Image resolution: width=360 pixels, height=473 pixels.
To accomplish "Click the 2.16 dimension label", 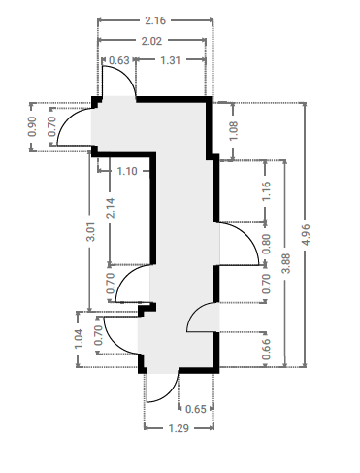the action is pyautogui.click(x=155, y=20).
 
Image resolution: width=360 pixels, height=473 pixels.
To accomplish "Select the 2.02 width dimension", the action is pyautogui.click(x=151, y=41).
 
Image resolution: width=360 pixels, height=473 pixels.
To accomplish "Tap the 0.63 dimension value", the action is pyautogui.click(x=119, y=60).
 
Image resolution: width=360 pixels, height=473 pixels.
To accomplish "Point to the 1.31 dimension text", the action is pyautogui.click(x=171, y=60).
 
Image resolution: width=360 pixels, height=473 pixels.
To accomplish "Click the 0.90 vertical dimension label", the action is pyautogui.click(x=32, y=126).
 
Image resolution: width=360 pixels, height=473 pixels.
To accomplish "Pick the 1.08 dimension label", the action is pyautogui.click(x=233, y=131).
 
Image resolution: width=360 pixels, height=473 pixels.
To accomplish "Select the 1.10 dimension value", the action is pyautogui.click(x=127, y=171).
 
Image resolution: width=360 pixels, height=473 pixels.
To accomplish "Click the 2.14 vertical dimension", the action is pyautogui.click(x=110, y=208).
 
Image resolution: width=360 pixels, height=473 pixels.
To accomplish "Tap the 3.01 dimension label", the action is pyautogui.click(x=91, y=231).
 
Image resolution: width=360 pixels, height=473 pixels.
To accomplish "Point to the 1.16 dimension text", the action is pyautogui.click(x=266, y=191).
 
